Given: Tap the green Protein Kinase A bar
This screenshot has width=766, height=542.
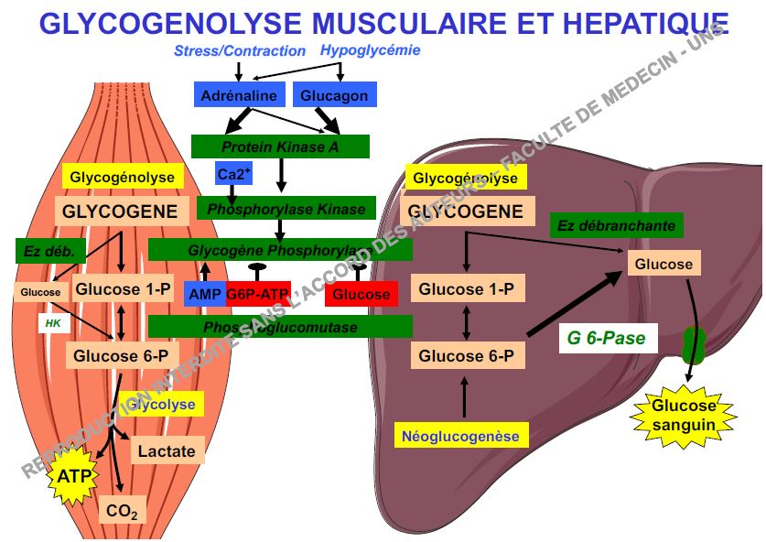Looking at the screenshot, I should tap(280, 146).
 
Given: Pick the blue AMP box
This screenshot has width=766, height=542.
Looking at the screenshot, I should tap(202, 294).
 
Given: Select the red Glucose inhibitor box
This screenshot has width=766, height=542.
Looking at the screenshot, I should tap(361, 295).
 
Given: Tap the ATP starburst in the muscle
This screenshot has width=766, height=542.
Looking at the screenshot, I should tap(74, 476).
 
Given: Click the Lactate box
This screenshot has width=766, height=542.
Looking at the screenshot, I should tap(167, 450).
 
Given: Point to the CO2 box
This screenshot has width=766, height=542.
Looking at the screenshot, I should tap(122, 511).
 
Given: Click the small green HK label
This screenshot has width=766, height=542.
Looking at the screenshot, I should tap(52, 323).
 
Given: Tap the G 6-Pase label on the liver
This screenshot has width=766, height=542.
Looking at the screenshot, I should tap(606, 338).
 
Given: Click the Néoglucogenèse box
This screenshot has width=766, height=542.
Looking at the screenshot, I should tap(460, 436).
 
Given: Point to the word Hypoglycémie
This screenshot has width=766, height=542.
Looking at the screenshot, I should tap(370, 50).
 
